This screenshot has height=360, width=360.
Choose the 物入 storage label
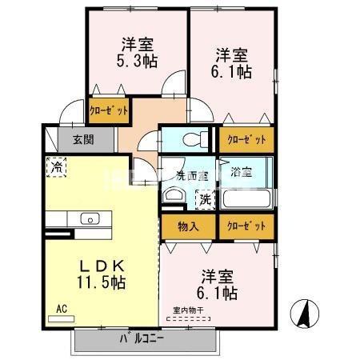tap(188, 226)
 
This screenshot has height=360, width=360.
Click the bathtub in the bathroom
tap(246, 198)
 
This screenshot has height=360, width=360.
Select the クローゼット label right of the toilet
tap(246, 139)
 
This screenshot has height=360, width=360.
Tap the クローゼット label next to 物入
tap(246, 226)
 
